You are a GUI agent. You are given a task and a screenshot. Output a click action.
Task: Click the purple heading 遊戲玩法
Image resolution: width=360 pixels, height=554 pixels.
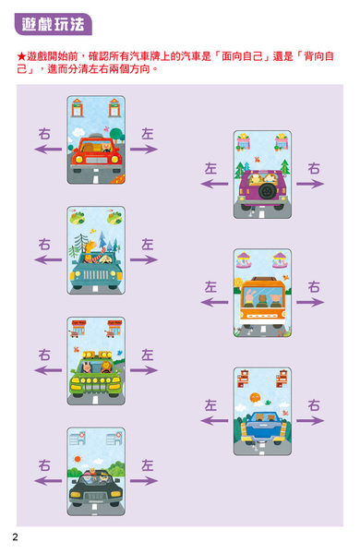pos(53,24)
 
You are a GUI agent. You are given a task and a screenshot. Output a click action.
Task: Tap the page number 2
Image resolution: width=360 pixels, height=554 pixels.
pos(15,537)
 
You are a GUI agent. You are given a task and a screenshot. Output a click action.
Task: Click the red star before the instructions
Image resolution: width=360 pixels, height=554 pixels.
pos(21,56)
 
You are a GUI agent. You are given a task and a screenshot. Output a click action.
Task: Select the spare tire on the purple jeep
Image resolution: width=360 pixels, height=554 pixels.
pos(268,191)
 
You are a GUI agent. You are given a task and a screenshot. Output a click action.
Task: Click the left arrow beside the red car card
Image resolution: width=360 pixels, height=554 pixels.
pos(48,150)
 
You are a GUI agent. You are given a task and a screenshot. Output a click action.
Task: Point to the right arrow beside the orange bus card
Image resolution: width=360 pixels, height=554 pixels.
pos(310,302)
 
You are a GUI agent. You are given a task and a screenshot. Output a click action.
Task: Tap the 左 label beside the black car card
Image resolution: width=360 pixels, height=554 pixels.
pos(148,465)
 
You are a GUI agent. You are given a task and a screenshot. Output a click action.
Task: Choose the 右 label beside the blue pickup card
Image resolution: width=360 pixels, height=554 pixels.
pos(314,405)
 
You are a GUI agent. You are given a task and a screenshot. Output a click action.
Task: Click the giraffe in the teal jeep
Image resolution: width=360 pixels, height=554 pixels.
pos(90,250)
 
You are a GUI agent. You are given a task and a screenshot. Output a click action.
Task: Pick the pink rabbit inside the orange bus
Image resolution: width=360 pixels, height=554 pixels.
pos(250,296)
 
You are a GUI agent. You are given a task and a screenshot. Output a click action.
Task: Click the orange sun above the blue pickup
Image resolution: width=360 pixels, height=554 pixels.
pos(255,397)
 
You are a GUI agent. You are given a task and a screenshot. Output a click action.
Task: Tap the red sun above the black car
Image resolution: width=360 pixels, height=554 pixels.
pos(78,459)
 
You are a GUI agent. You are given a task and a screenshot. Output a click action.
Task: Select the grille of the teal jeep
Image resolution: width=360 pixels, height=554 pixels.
pos(96,274)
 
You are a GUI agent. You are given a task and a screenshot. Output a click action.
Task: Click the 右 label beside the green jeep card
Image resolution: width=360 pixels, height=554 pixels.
pos(44,355)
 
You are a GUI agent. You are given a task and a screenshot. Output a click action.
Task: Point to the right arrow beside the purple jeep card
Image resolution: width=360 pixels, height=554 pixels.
pos(310,184)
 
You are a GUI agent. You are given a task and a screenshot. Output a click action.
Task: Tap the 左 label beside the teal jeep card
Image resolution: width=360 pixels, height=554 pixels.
pos(148,244)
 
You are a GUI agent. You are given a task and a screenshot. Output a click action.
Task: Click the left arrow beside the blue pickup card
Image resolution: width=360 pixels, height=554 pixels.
pos(214,420)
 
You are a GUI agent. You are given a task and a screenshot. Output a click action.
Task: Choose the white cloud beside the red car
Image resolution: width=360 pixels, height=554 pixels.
pos(78,132)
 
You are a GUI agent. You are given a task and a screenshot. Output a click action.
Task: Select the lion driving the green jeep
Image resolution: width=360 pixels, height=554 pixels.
pos(105,367)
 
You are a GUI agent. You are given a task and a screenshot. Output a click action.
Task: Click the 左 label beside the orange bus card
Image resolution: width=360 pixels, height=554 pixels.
pos(210,286)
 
